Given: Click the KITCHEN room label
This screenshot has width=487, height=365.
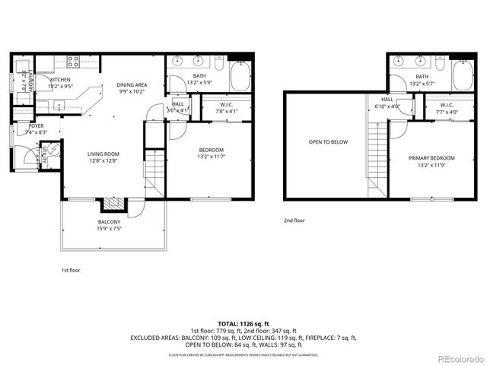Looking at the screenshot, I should point(61,79).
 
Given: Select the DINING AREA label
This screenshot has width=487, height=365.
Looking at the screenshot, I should point(131,84).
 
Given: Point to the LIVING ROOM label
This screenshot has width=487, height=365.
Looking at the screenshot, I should point(103,154).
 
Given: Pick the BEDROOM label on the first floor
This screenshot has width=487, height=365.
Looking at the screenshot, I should point(212,150).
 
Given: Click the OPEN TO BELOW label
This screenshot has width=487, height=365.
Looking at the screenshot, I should point(328,141).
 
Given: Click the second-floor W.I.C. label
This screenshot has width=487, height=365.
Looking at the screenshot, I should point(446,105).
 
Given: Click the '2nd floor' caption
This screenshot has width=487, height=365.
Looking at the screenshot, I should point(294,221).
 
